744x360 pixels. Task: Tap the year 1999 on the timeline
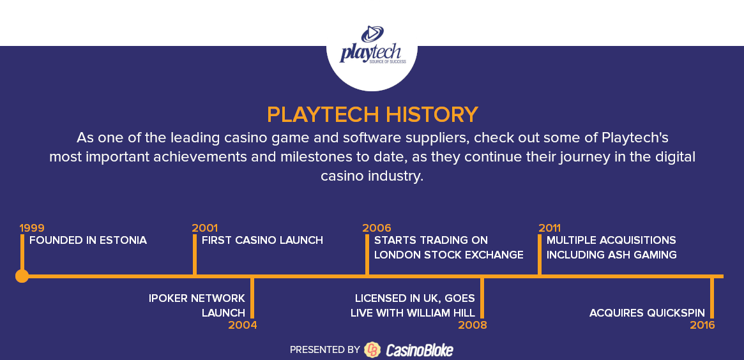[32, 228]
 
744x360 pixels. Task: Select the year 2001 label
[204, 228]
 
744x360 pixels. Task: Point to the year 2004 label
[243, 326]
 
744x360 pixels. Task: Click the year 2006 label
[377, 228]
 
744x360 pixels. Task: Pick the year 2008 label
[473, 326]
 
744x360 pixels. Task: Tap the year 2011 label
[549, 228]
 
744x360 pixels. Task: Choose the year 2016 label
[702, 326]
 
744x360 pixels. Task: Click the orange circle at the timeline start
[22, 276]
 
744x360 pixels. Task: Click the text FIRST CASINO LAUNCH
[262, 241]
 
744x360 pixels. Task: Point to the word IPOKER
[168, 298]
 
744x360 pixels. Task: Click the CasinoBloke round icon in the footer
[372, 350]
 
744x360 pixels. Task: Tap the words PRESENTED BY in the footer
[325, 350]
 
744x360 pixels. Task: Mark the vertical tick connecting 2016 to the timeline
[711, 298]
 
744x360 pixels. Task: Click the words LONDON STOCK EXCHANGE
[449, 255]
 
